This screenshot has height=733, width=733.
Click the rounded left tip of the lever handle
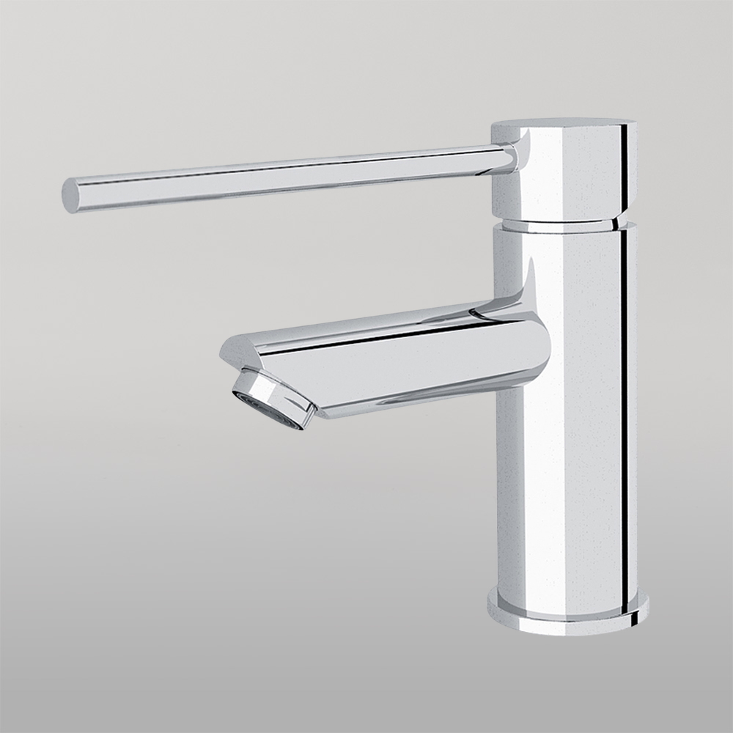70,195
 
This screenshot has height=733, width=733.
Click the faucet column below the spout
561,498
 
